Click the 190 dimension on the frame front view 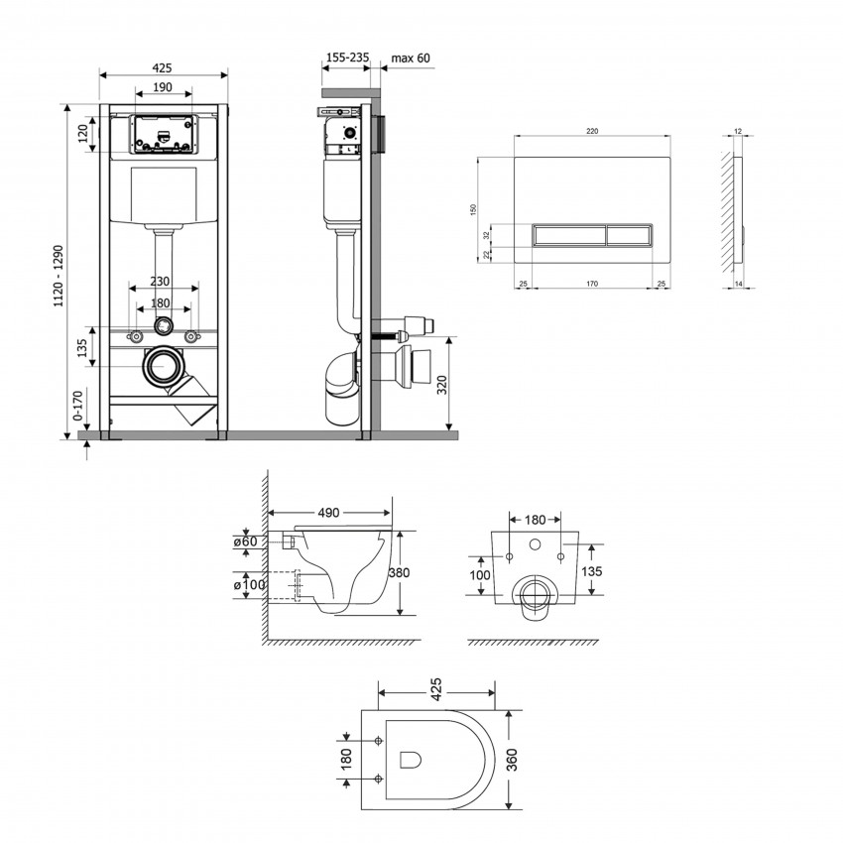(162, 88)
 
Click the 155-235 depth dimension (346, 59)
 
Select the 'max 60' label (411, 59)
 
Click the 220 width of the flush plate (592, 130)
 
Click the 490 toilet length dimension (329, 513)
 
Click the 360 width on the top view (513, 761)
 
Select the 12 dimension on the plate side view (738, 130)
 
